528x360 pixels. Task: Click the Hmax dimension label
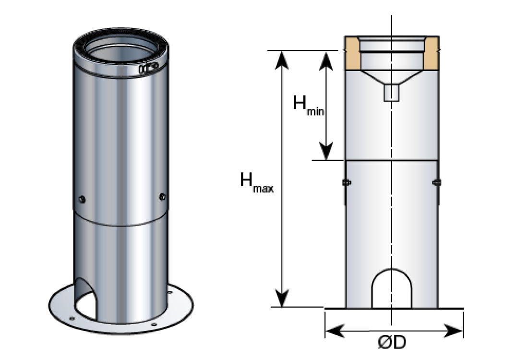[256, 182]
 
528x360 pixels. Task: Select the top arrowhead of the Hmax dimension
[283, 58]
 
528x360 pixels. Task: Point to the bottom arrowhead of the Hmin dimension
[326, 152]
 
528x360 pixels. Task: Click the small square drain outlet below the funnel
[392, 92]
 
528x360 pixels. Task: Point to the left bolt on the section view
[345, 182]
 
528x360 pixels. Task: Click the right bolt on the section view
[436, 182]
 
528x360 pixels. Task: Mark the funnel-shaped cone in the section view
[392, 76]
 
